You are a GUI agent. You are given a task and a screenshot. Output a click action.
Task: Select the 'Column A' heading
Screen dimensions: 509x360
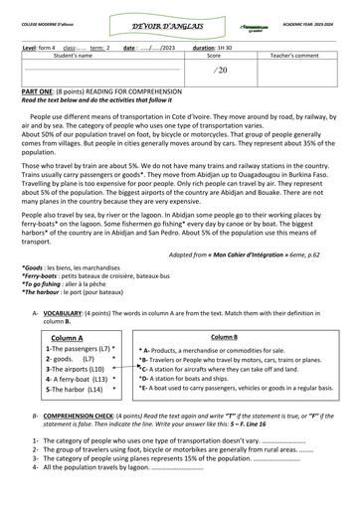click(68, 309)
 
